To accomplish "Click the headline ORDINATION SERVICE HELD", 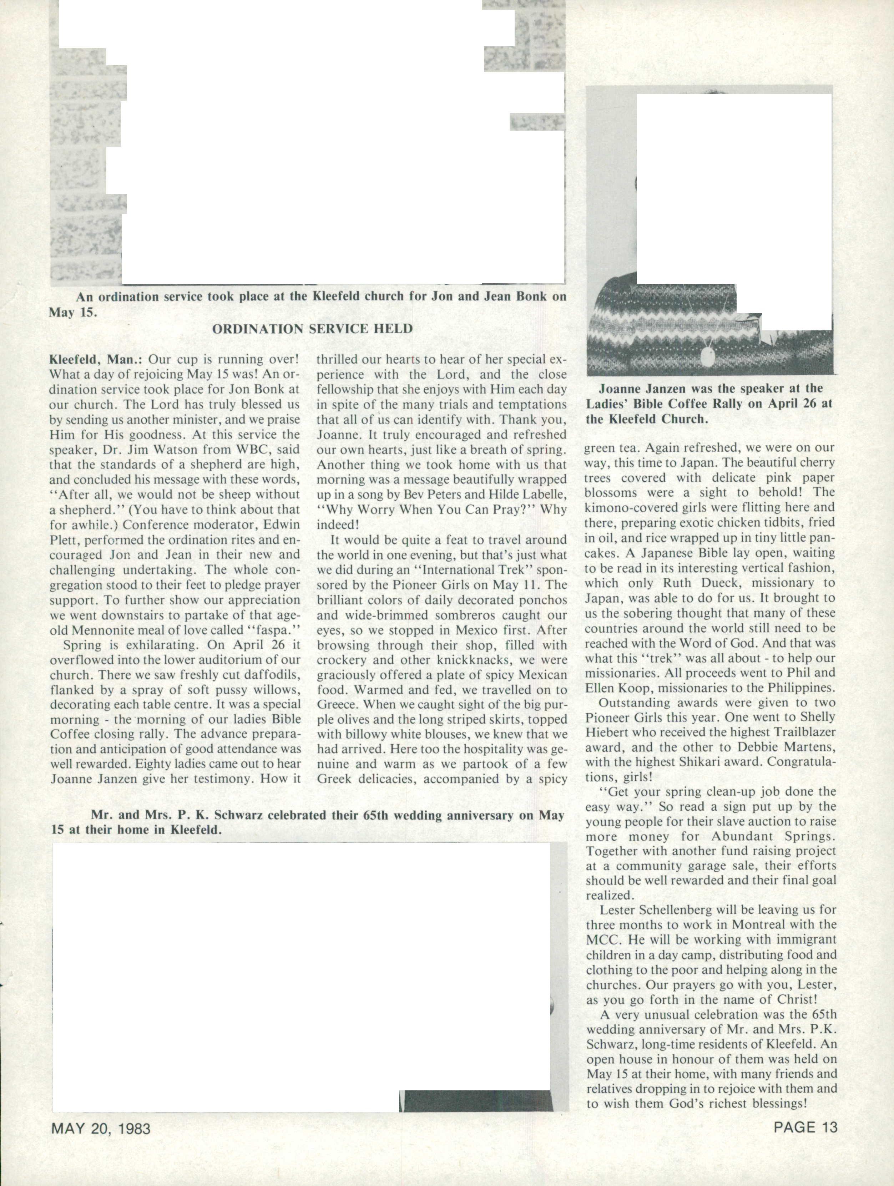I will (x=312, y=329).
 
